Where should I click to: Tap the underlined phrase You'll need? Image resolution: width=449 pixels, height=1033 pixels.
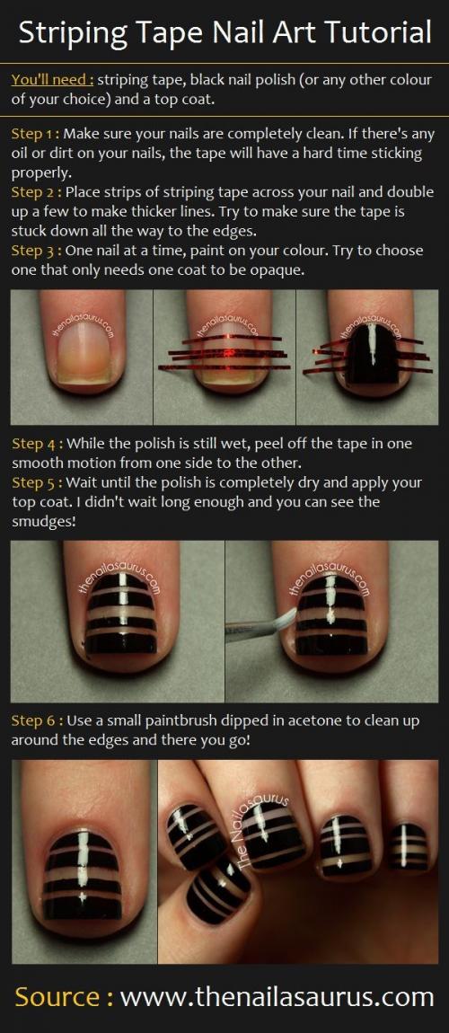(x=51, y=80)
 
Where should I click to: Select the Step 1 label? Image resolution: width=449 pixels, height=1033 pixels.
(x=35, y=135)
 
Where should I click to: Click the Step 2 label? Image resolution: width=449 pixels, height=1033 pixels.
(x=36, y=192)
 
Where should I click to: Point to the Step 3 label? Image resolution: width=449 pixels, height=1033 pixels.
(x=36, y=251)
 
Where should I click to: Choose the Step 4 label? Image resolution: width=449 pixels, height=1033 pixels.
(x=36, y=443)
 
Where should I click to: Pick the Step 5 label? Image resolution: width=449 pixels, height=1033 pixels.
(x=36, y=482)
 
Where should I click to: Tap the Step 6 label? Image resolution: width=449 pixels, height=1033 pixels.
(x=36, y=720)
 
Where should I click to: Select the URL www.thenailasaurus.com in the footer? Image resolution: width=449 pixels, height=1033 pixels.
(x=277, y=997)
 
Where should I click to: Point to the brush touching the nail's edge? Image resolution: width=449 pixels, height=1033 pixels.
(x=261, y=627)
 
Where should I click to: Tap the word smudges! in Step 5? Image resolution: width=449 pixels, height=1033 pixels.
(x=43, y=523)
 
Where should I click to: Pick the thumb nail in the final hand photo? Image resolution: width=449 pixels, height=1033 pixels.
(x=218, y=890)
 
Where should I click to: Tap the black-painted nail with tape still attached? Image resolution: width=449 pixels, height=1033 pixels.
(x=371, y=352)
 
